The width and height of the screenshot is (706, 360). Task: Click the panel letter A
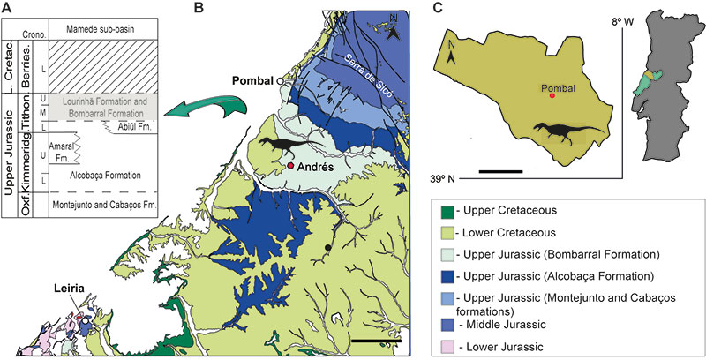(8, 8)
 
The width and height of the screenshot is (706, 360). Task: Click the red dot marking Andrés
(289, 165)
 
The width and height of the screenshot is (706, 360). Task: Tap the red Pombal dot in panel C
(552, 95)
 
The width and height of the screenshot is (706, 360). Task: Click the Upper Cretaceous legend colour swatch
(449, 212)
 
